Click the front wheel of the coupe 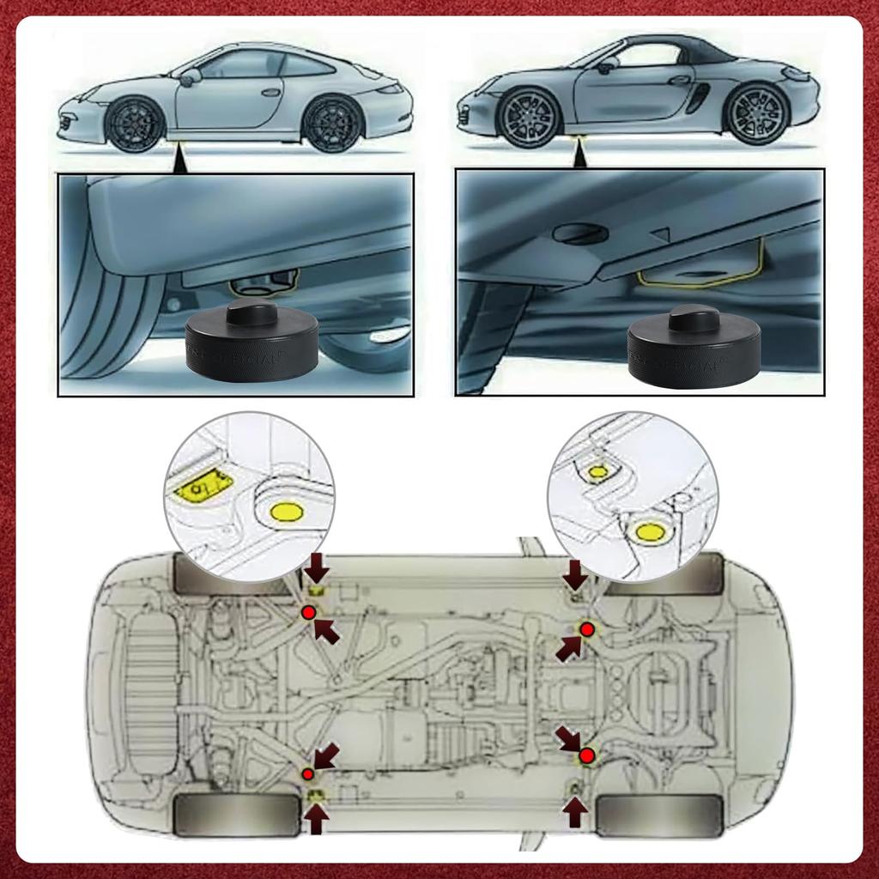(135, 123)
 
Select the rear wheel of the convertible (755, 113)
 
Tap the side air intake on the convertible (698, 97)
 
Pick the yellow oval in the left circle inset (287, 513)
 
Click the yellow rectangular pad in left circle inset (199, 488)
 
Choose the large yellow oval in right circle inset (650, 532)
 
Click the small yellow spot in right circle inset (598, 471)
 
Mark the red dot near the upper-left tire (308, 612)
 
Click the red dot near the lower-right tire (586, 755)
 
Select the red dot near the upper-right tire (587, 630)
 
